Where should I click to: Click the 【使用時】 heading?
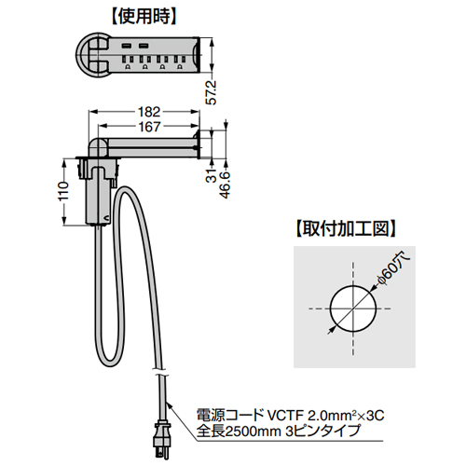click(x=144, y=17)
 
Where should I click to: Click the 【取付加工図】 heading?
click(x=345, y=229)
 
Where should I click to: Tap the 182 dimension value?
click(x=149, y=112)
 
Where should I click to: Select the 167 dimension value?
click(x=149, y=127)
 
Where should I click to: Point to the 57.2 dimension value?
click(x=212, y=92)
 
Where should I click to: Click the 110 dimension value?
click(x=63, y=191)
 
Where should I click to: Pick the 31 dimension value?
click(x=212, y=175)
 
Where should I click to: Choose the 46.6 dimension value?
click(x=226, y=185)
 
